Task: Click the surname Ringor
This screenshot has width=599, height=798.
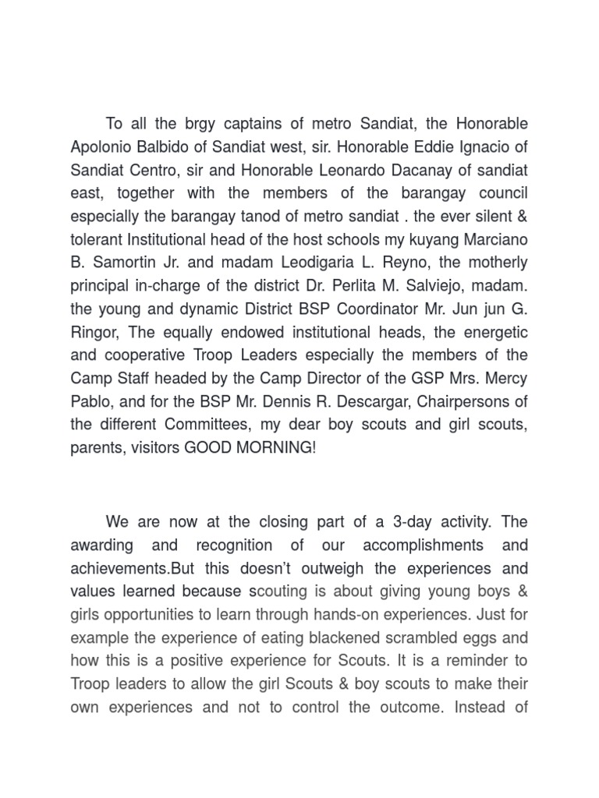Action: point(94,332)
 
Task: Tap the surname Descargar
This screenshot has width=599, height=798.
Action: point(347,401)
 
